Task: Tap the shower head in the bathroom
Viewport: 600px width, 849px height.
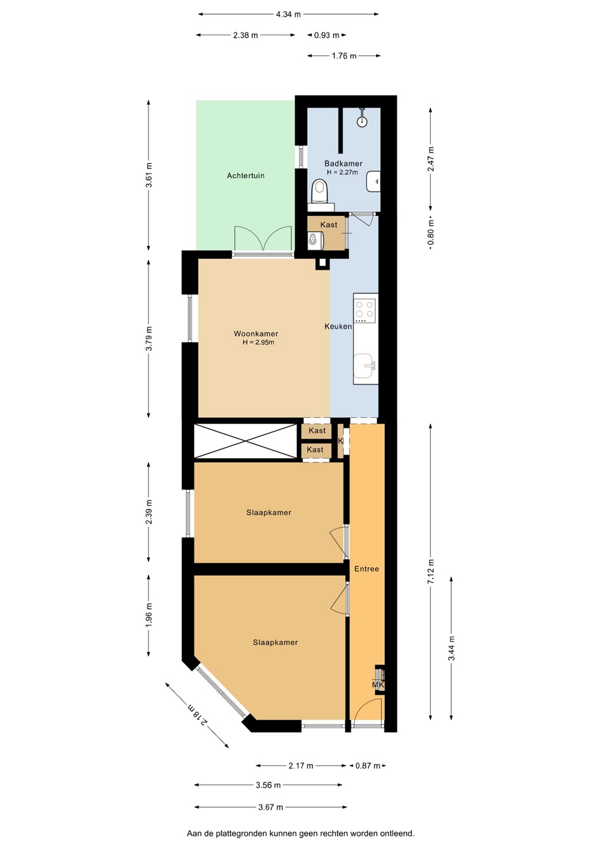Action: [362, 119]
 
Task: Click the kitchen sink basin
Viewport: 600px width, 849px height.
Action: [364, 366]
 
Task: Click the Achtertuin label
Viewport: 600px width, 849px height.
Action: [245, 176]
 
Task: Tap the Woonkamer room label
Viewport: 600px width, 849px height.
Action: [256, 334]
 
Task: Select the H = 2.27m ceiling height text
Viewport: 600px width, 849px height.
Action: [342, 172]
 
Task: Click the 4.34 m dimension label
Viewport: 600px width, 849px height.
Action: [288, 14]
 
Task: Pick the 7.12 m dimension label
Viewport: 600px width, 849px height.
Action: [431, 575]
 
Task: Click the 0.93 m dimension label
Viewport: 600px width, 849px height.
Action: [327, 35]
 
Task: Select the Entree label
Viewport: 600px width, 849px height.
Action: [366, 568]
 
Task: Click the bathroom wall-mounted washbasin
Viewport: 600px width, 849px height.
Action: [374, 181]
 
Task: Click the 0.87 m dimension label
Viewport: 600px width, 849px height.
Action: [367, 766]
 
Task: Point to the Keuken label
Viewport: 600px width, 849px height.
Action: [338, 326]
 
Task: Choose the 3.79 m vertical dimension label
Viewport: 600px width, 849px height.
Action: [149, 338]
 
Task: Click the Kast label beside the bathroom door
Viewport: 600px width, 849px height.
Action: [328, 225]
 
